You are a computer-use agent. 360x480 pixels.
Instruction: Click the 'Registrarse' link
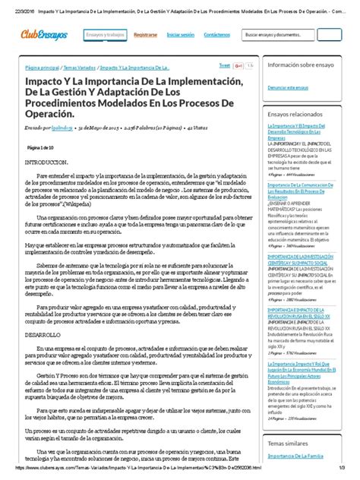click(145, 35)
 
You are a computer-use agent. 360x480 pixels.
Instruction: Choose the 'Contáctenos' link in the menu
click(217, 35)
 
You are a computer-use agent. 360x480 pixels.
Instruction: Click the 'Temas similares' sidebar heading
click(289, 442)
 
